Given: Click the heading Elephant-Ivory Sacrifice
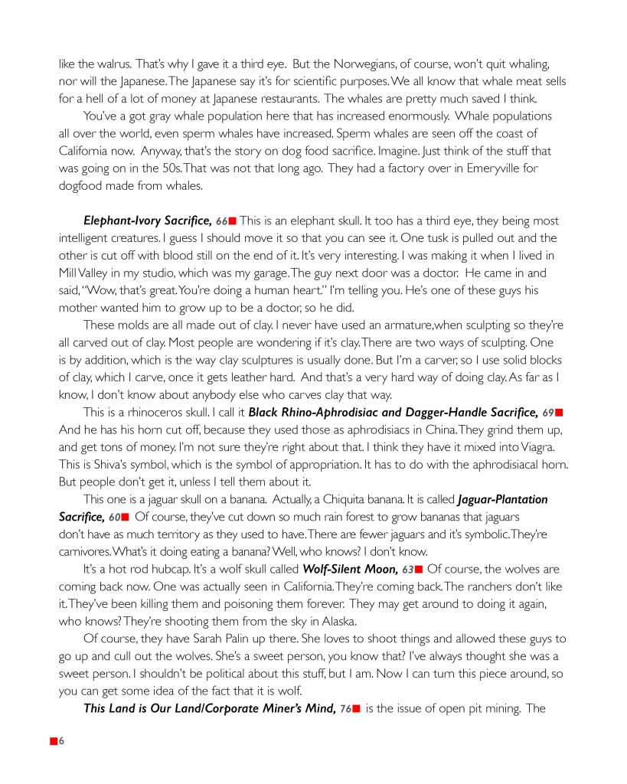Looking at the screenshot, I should point(148,221).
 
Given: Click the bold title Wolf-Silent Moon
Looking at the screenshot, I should point(351,569).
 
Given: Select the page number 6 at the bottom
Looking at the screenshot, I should point(61,742).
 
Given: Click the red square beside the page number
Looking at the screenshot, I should point(53,742).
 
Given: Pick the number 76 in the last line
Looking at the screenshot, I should point(345,709).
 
